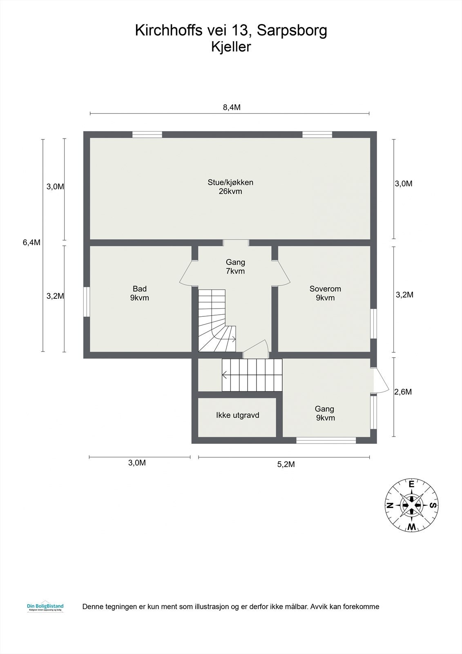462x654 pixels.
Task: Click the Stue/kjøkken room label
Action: pyautogui.click(x=230, y=186)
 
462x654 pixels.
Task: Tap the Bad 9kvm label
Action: pyautogui.click(x=139, y=293)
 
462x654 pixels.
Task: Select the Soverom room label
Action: pyautogui.click(x=325, y=293)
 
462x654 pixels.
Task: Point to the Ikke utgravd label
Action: pyautogui.click(x=237, y=415)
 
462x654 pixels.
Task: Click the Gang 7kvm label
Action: pyautogui.click(x=235, y=267)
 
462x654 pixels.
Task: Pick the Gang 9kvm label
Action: pyautogui.click(x=325, y=413)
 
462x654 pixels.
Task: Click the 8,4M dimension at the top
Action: pyautogui.click(x=231, y=108)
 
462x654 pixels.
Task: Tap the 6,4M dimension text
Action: pyautogui.click(x=31, y=242)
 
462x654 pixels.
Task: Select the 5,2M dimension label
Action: pyautogui.click(x=286, y=464)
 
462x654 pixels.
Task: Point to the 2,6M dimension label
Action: pyautogui.click(x=403, y=392)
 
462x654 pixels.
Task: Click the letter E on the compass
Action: pyautogui.click(x=412, y=484)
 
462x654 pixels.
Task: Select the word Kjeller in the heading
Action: pyautogui.click(x=231, y=47)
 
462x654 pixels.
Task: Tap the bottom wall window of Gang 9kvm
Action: pyautogui.click(x=326, y=440)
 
